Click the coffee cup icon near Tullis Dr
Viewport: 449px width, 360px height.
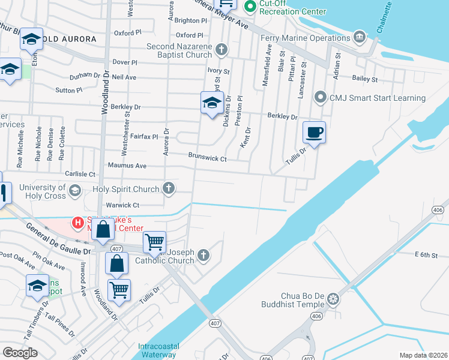[314, 132]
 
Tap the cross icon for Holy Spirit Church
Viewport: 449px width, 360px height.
[169, 189]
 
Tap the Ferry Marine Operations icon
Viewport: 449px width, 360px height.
[360, 38]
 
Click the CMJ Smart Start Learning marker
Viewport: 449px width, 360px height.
[321, 97]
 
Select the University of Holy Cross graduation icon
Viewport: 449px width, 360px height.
[74, 191]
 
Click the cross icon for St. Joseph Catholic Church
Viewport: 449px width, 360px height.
[204, 256]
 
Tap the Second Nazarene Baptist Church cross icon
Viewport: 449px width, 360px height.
[221, 50]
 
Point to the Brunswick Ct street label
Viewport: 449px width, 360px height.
[207, 159]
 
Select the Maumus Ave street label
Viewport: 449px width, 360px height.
[127, 165]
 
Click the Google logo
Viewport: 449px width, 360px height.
[20, 353]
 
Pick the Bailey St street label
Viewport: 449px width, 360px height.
[364, 79]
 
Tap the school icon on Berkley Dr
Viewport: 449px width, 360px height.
[212, 103]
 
